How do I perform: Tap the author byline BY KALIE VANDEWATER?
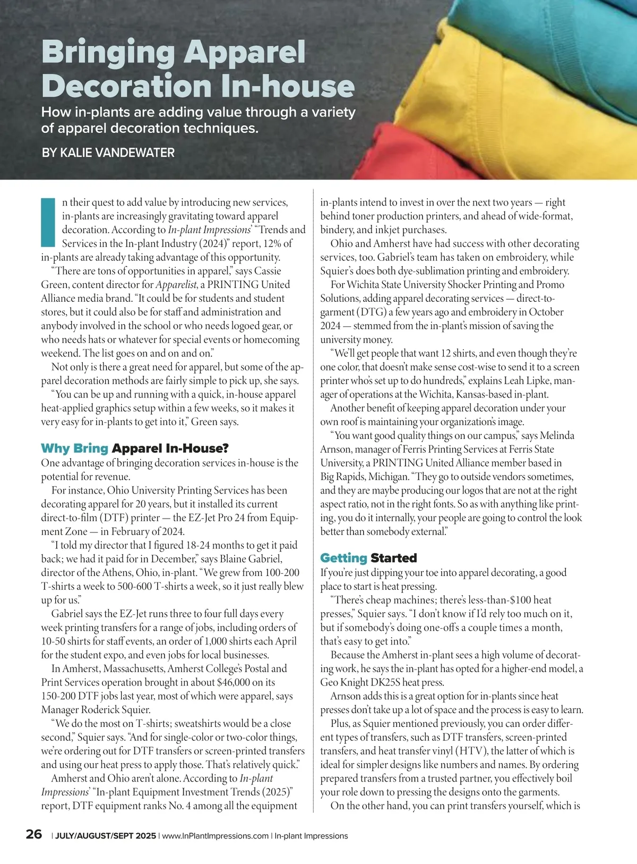(x=108, y=153)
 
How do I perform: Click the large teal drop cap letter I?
(x=48, y=223)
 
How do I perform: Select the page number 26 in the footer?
(x=34, y=834)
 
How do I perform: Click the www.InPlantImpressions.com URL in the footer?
(x=215, y=836)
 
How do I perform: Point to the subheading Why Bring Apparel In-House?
(x=135, y=448)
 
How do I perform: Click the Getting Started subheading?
(x=368, y=558)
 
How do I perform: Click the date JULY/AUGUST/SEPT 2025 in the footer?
(x=106, y=836)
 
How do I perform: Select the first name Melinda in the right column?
(x=557, y=436)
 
